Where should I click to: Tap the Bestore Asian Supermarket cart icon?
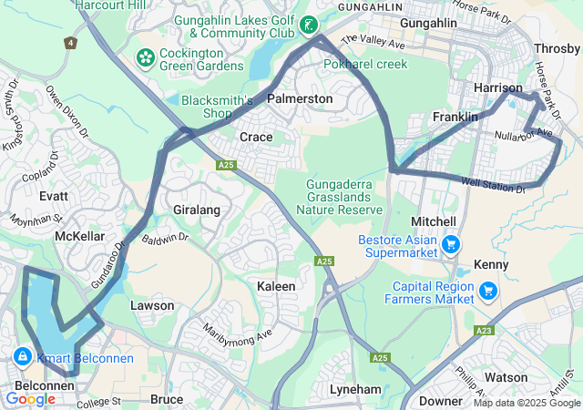450,244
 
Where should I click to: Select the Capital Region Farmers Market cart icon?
488,291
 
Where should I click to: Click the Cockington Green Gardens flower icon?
144,58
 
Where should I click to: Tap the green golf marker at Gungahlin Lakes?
311,25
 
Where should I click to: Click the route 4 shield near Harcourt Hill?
70,42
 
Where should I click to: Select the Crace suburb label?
256,137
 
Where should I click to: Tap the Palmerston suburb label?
300,97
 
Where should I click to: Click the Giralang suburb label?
197,210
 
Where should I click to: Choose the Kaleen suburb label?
276,286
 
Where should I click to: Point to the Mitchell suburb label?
434,221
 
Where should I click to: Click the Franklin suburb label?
455,118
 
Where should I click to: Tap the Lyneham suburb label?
354,389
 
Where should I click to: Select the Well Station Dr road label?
493,186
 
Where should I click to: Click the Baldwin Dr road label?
165,239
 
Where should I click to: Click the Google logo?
30,398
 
